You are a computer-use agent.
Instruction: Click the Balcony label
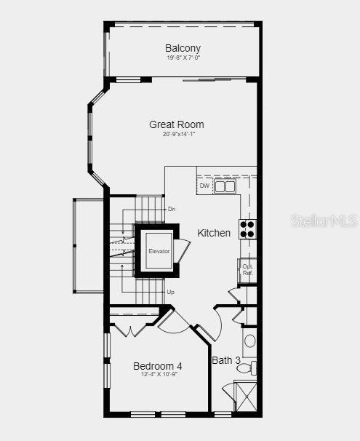point(183,48)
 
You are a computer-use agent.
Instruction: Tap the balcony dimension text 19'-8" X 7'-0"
point(183,57)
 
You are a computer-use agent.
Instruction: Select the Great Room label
point(177,124)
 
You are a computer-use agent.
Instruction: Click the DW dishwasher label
point(204,186)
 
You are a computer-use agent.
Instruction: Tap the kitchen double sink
point(225,186)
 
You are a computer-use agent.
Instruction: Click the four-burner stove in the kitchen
point(247,229)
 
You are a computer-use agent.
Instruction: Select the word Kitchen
point(214,233)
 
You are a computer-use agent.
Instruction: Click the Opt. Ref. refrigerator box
point(247,269)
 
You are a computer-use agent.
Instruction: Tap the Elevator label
point(159,251)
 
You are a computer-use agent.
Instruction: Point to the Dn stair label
point(172,210)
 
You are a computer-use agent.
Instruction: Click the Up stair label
point(170,292)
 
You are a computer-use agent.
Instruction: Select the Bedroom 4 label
point(157,365)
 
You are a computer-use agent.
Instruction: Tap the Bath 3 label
point(225,360)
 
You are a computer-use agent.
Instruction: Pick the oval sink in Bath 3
point(249,341)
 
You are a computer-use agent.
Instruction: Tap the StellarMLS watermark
point(324,220)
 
